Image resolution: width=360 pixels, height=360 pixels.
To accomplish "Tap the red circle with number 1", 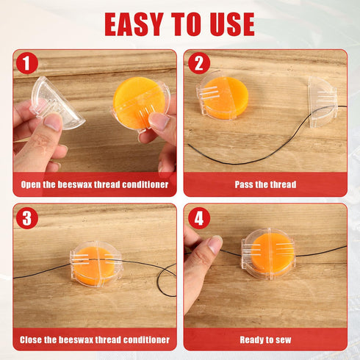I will pyautogui.click(x=27, y=63).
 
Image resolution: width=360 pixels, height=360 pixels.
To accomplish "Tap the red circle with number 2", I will pyautogui.click(x=198, y=63).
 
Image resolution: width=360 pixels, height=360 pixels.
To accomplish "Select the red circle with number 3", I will pyautogui.click(x=27, y=217).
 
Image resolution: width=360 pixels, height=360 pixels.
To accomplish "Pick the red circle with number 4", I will pyautogui.click(x=198, y=217).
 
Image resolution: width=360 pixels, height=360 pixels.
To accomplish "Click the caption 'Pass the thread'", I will pyautogui.click(x=265, y=184).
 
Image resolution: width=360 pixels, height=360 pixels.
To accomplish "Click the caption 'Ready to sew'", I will pyautogui.click(x=265, y=339).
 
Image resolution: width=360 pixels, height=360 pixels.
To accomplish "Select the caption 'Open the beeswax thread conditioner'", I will pyautogui.click(x=95, y=184).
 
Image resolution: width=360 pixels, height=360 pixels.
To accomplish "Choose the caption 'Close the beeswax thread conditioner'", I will pyautogui.click(x=95, y=339).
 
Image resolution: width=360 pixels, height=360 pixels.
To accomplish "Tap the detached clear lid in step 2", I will pyautogui.click(x=323, y=101).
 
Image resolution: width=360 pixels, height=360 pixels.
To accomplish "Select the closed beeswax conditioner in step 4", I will pyautogui.click(x=269, y=253).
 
